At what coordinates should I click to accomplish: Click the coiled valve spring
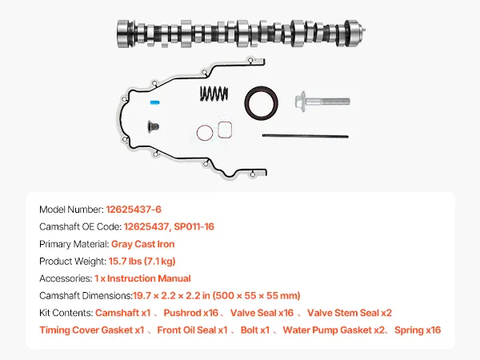tap(214, 93)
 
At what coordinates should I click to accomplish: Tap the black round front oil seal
tap(261, 103)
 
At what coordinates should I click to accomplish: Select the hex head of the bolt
tap(300, 102)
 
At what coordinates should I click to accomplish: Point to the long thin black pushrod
tap(306, 136)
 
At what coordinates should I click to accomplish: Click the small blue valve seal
tap(155, 102)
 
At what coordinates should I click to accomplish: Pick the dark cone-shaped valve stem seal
tap(153, 126)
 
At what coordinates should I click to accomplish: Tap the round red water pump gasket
tap(205, 133)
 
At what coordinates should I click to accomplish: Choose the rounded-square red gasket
tap(225, 130)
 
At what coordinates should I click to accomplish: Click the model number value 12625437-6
tap(134, 210)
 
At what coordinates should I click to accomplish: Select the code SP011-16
tap(194, 226)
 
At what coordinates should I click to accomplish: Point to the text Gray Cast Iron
tap(142, 244)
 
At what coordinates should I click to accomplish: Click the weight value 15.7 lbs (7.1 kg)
tap(142, 261)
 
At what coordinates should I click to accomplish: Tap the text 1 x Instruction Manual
tap(142, 278)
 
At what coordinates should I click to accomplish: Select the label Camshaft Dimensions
tap(86, 296)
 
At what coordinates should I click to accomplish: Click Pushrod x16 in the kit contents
tap(190, 313)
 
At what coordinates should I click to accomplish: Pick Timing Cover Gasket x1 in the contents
tap(91, 330)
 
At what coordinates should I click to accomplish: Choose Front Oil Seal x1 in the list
tap(192, 330)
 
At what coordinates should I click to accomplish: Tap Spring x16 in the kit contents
tap(418, 330)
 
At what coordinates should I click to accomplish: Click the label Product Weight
tap(73, 261)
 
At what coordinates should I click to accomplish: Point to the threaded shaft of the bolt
tap(328, 101)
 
